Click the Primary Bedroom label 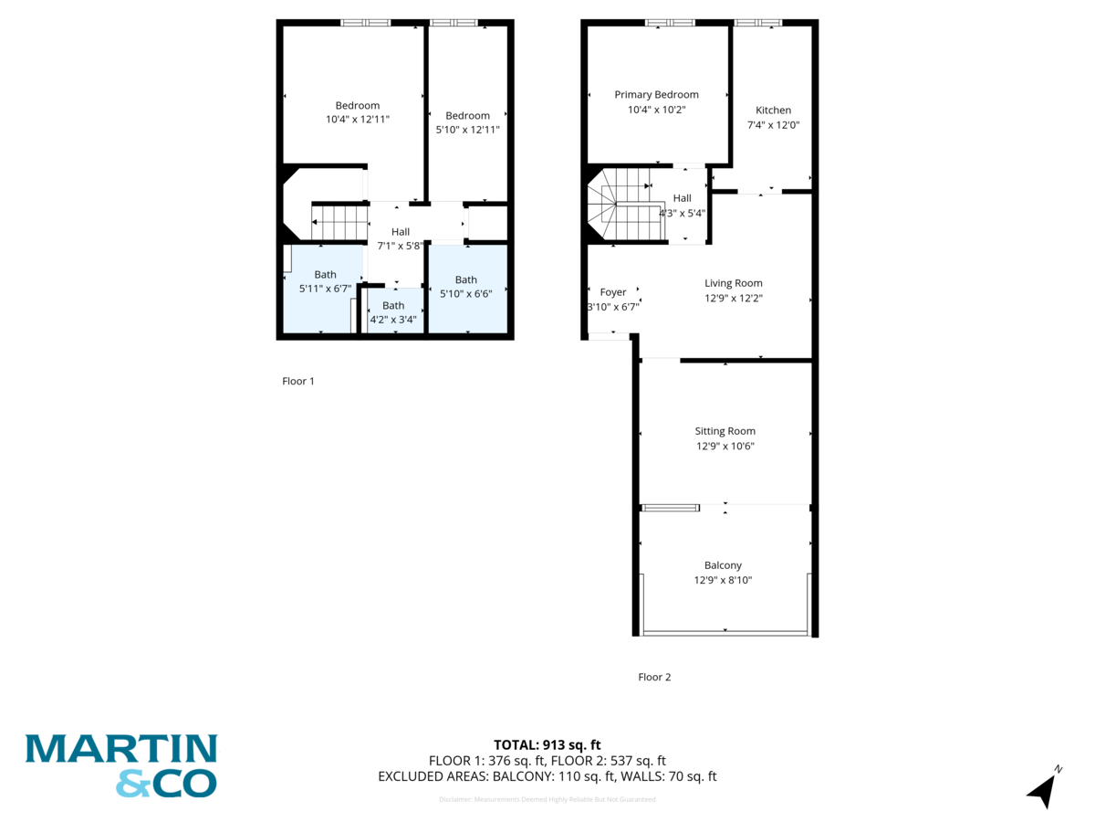[x=656, y=95]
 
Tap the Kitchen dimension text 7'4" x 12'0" [x=773, y=125]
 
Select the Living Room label [x=733, y=283]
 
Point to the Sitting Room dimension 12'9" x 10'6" [x=725, y=447]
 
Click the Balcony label [x=723, y=565]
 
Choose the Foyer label [x=612, y=292]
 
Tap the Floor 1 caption [x=298, y=381]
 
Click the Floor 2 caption [x=654, y=677]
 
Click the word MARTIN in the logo [x=120, y=749]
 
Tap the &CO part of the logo [x=166, y=783]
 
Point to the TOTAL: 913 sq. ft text [x=547, y=744]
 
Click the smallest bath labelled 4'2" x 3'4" [x=393, y=312]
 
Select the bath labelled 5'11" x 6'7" [x=325, y=281]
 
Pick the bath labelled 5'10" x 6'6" [x=465, y=287]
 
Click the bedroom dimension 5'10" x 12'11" [x=467, y=130]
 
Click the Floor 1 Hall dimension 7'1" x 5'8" [x=401, y=246]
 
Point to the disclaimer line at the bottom [x=547, y=799]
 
